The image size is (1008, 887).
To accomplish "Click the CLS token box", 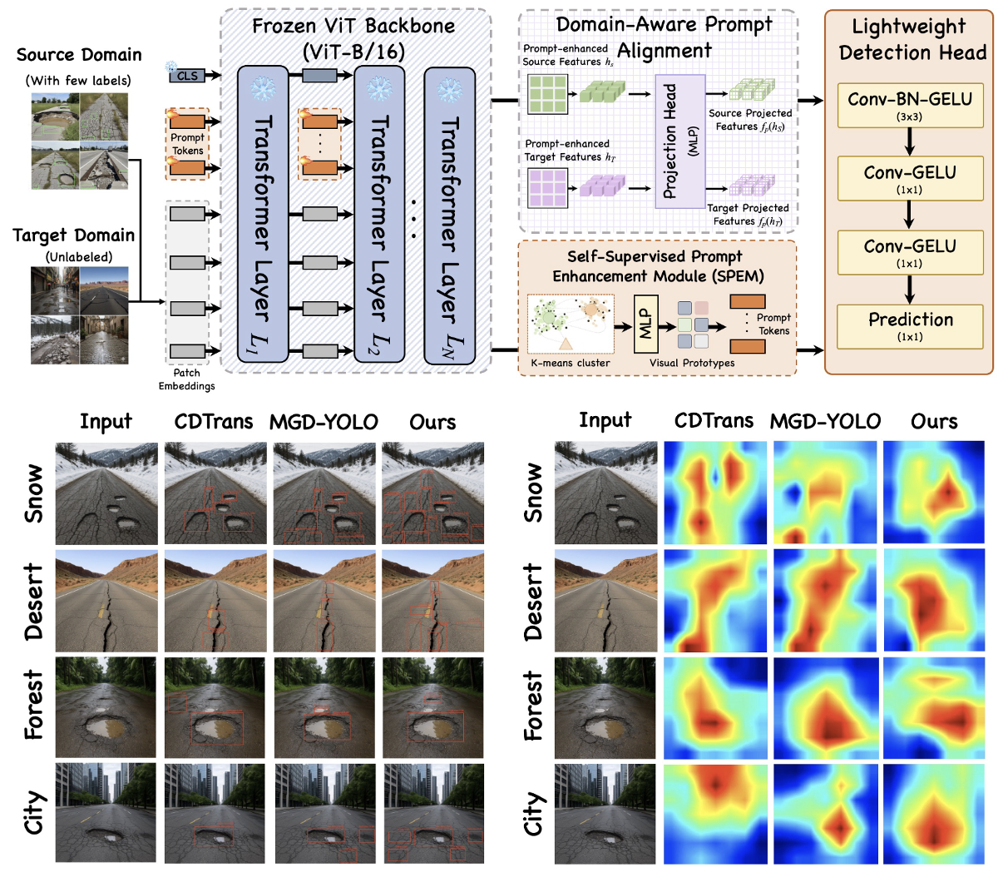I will click(188, 76).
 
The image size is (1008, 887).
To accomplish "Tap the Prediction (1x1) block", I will click(910, 325).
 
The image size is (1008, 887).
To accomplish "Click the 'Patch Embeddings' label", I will click(187, 379).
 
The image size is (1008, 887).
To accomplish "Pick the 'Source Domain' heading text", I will click(79, 55).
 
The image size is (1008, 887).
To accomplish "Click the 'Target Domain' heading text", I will click(73, 235).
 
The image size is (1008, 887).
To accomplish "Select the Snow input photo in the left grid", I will click(106, 493).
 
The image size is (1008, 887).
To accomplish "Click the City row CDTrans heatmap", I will click(714, 812).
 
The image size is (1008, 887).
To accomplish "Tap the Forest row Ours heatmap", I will click(934, 707).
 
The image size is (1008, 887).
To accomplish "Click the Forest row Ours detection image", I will click(432, 707).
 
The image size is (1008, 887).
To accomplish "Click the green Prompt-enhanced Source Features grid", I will click(548, 94).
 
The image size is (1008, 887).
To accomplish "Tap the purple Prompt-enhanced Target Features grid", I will click(548, 187).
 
